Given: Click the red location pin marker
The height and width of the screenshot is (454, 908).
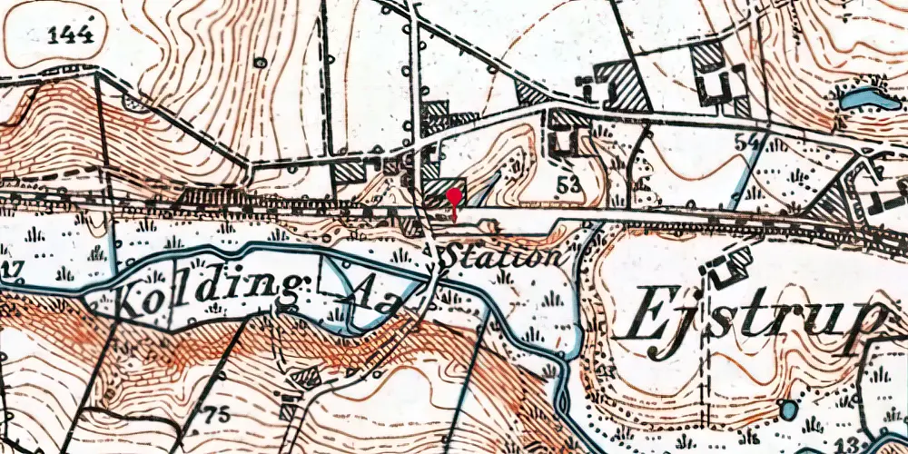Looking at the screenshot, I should [454, 194].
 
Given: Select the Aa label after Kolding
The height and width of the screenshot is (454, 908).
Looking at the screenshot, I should [368, 300].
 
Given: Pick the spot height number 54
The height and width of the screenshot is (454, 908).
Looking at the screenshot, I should [746, 142].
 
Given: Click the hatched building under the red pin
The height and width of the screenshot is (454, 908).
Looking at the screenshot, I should [444, 195].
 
